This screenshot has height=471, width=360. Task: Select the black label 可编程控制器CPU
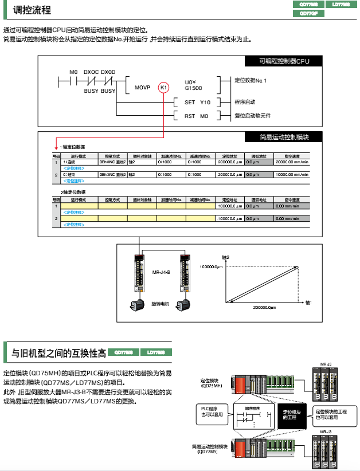click(283, 61)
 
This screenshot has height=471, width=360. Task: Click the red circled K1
click(164, 87)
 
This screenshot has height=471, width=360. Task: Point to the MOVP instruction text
click(142, 88)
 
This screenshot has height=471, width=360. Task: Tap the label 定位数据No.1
click(251, 80)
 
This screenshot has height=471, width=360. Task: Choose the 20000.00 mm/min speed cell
click(292, 162)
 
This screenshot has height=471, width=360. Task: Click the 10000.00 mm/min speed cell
click(292, 174)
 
